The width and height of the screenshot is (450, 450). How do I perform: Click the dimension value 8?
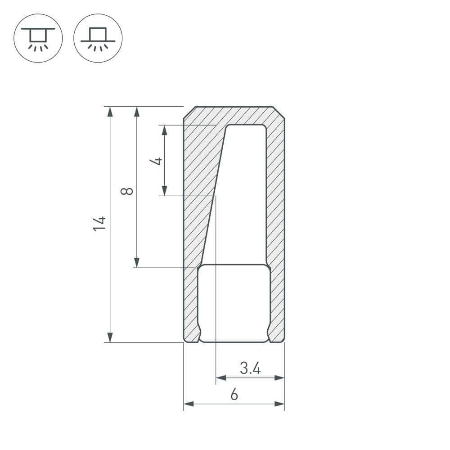127,191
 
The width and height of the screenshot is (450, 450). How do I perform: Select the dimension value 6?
234,395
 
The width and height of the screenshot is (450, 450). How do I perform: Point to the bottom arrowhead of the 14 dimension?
110,337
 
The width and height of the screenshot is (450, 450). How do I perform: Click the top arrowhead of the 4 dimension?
165,130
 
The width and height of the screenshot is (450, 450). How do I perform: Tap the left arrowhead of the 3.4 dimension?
221,378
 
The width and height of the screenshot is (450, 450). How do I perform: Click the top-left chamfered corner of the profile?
189,112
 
